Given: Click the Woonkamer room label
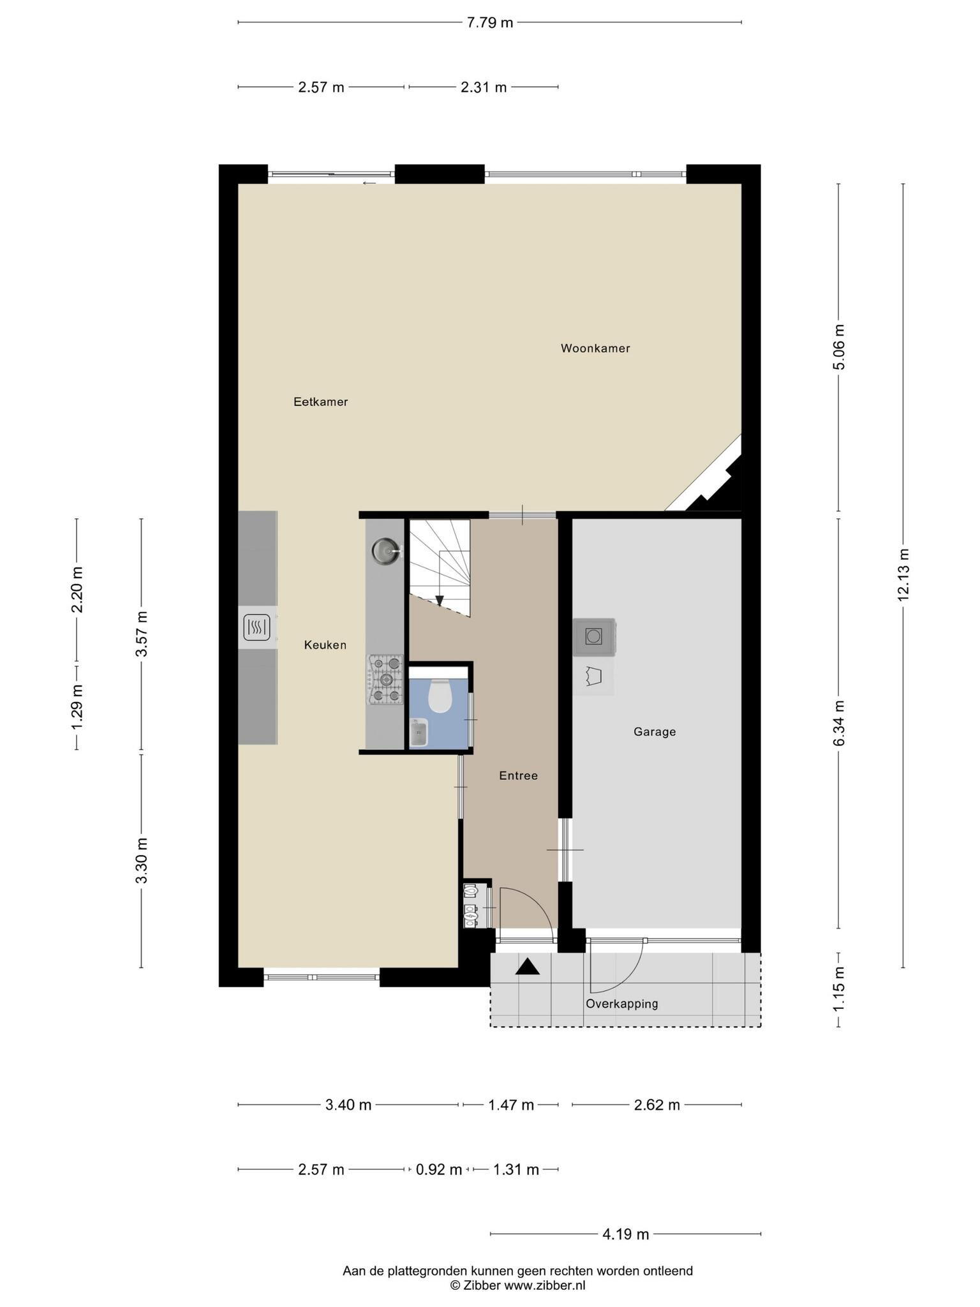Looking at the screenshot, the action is coord(595,348).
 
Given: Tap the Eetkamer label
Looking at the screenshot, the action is coord(320,402).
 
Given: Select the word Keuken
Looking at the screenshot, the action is coord(325,645).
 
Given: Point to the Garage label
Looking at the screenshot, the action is coord(655,732).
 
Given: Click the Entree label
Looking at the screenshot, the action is coord(518,776).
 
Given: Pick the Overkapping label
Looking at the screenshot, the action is coord(622,1004).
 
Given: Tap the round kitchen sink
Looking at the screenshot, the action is coord(386,550).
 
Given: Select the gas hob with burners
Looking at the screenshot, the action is coord(385,680).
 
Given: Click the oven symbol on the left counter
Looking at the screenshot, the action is coord(256,628).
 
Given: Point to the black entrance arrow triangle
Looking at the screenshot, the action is coord(528,967).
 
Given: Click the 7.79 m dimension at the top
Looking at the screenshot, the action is coord(490,22).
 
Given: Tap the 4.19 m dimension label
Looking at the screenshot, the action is coord(626,1234).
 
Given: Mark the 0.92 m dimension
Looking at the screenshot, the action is coord(439,1170).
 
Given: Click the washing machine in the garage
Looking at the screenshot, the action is coord(594,637).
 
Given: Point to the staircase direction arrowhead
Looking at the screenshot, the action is coord(439,601).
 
